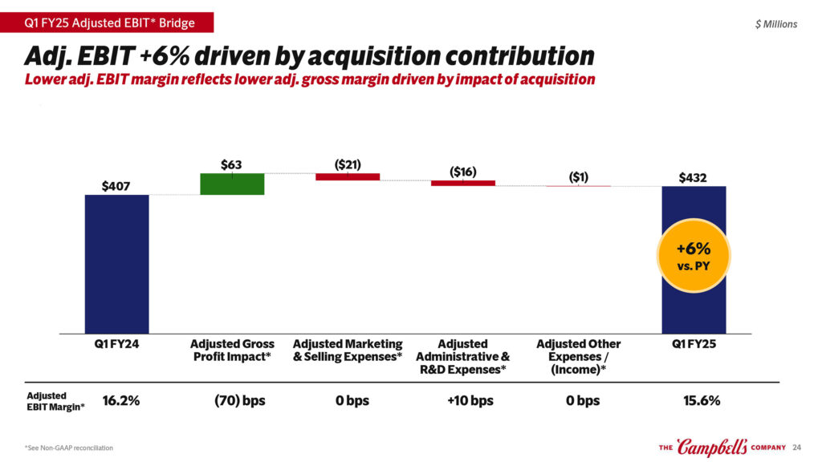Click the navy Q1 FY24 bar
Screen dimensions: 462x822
pos(116,264)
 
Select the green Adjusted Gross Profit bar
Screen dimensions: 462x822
pos(232,184)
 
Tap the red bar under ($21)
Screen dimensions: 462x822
pos(348,176)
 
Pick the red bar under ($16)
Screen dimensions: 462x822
pos(463,183)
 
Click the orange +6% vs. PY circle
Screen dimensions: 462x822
pos(693,254)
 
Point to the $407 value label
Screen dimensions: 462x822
pos(116,186)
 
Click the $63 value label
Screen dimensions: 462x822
pos(231,164)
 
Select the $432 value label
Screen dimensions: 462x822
pos(693,177)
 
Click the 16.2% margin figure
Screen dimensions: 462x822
pos(121,400)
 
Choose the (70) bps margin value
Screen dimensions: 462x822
pos(234,400)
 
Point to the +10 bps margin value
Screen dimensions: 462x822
pos(470,400)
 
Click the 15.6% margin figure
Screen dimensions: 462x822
pos(701,400)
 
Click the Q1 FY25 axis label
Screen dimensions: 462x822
pos(694,344)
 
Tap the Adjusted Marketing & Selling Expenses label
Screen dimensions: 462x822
pos(348,351)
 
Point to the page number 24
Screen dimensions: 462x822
pos(796,448)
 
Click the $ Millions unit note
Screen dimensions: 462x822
pos(776,24)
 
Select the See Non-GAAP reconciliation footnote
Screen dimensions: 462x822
pos(69,448)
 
